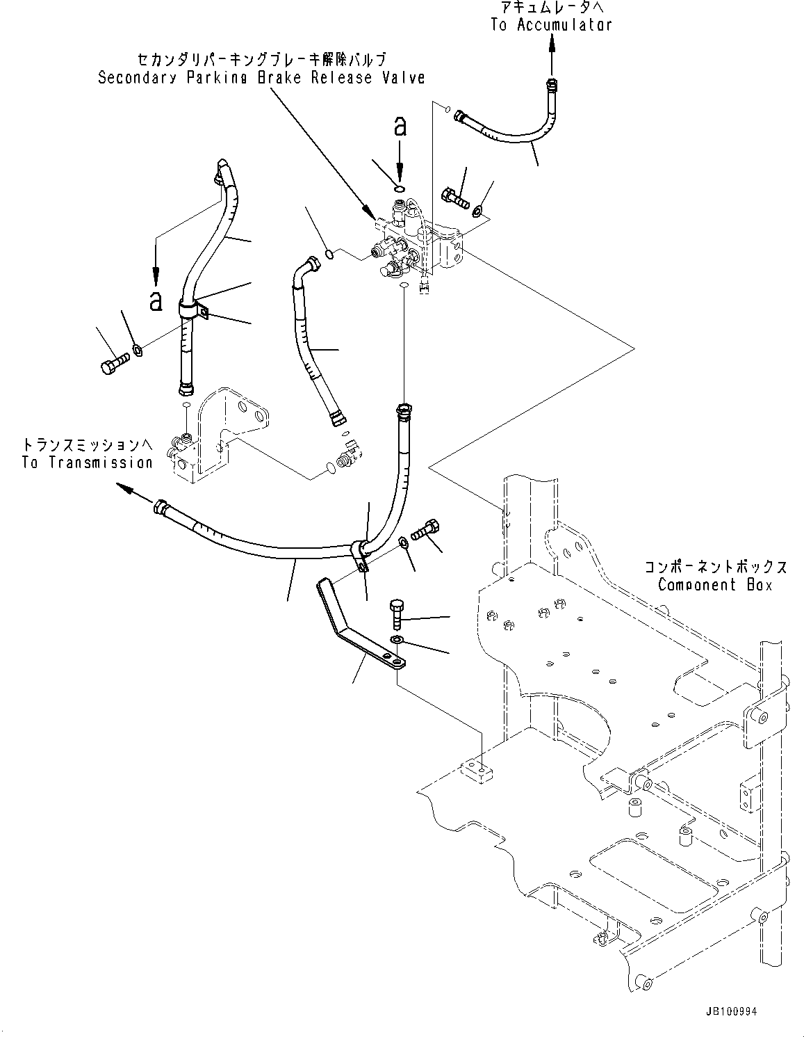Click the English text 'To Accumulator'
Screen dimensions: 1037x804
[x=551, y=25]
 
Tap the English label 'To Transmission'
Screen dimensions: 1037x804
[x=87, y=463]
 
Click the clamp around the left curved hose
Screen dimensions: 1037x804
[x=193, y=308]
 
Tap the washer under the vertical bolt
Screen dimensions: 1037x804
[x=397, y=639]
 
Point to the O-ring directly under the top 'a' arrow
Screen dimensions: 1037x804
[x=399, y=186]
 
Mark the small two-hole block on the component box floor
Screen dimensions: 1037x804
[x=480, y=769]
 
